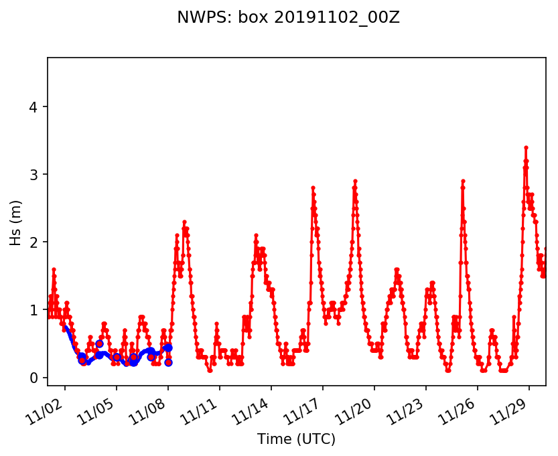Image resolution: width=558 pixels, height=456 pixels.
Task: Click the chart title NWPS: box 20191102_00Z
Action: pyautogui.click(x=288, y=18)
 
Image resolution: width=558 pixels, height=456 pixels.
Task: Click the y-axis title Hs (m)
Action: pyautogui.click(x=16, y=221)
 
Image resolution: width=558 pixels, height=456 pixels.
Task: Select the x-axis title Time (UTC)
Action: pyautogui.click(x=296, y=439)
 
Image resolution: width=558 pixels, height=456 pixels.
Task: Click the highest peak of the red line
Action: pyautogui.click(x=526, y=147)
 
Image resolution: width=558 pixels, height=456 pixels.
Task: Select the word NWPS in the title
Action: pyautogui.click(x=196, y=18)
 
